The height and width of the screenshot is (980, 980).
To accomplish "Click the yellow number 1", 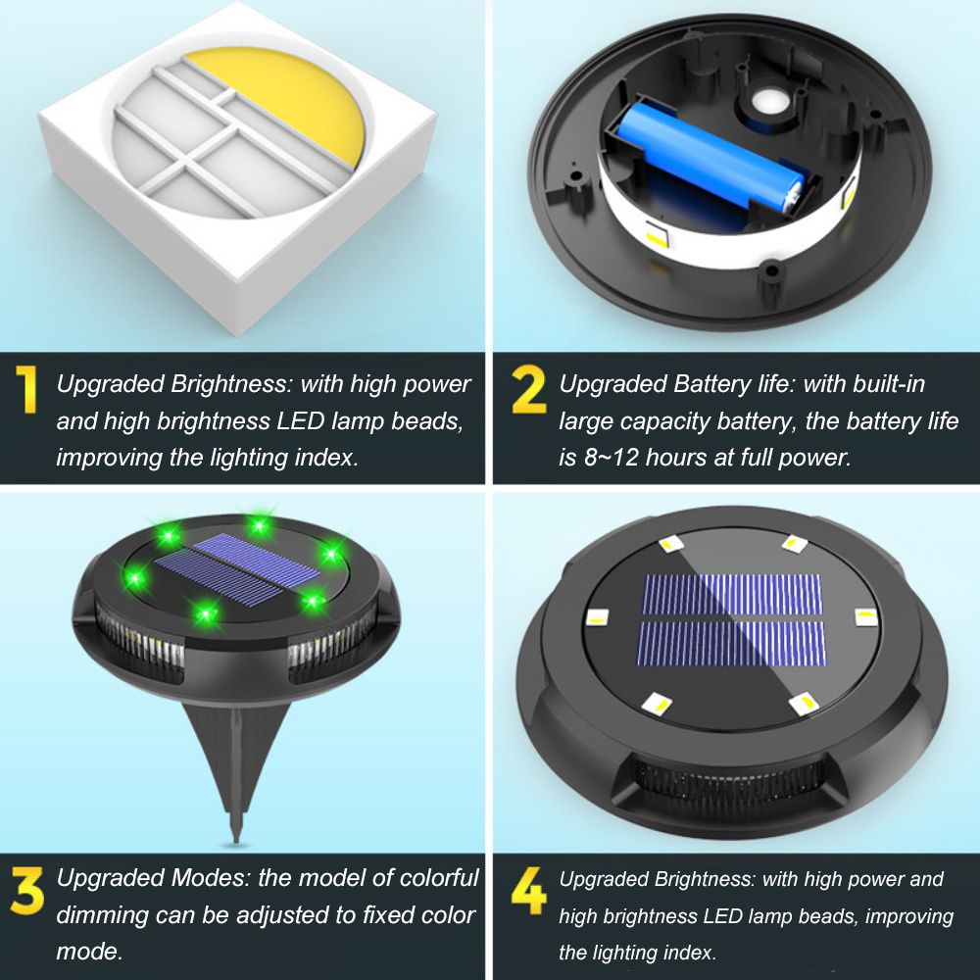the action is (26, 389).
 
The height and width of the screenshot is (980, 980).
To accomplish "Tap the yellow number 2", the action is (529, 390).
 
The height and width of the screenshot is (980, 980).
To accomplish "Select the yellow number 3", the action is (26, 890).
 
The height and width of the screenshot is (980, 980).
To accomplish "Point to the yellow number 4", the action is (529, 891).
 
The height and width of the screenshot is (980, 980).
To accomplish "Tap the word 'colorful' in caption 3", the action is (439, 878).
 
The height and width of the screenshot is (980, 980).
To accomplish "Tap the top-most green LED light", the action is (258, 525).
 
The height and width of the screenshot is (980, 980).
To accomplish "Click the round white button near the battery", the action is (768, 101).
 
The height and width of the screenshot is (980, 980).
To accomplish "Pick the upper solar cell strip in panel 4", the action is (732, 594).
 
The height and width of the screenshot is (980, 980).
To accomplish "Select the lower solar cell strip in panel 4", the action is (732, 644).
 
